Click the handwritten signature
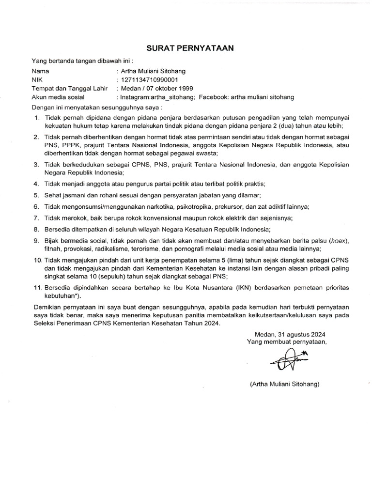coord(284,361)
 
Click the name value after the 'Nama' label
coord(153,71)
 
